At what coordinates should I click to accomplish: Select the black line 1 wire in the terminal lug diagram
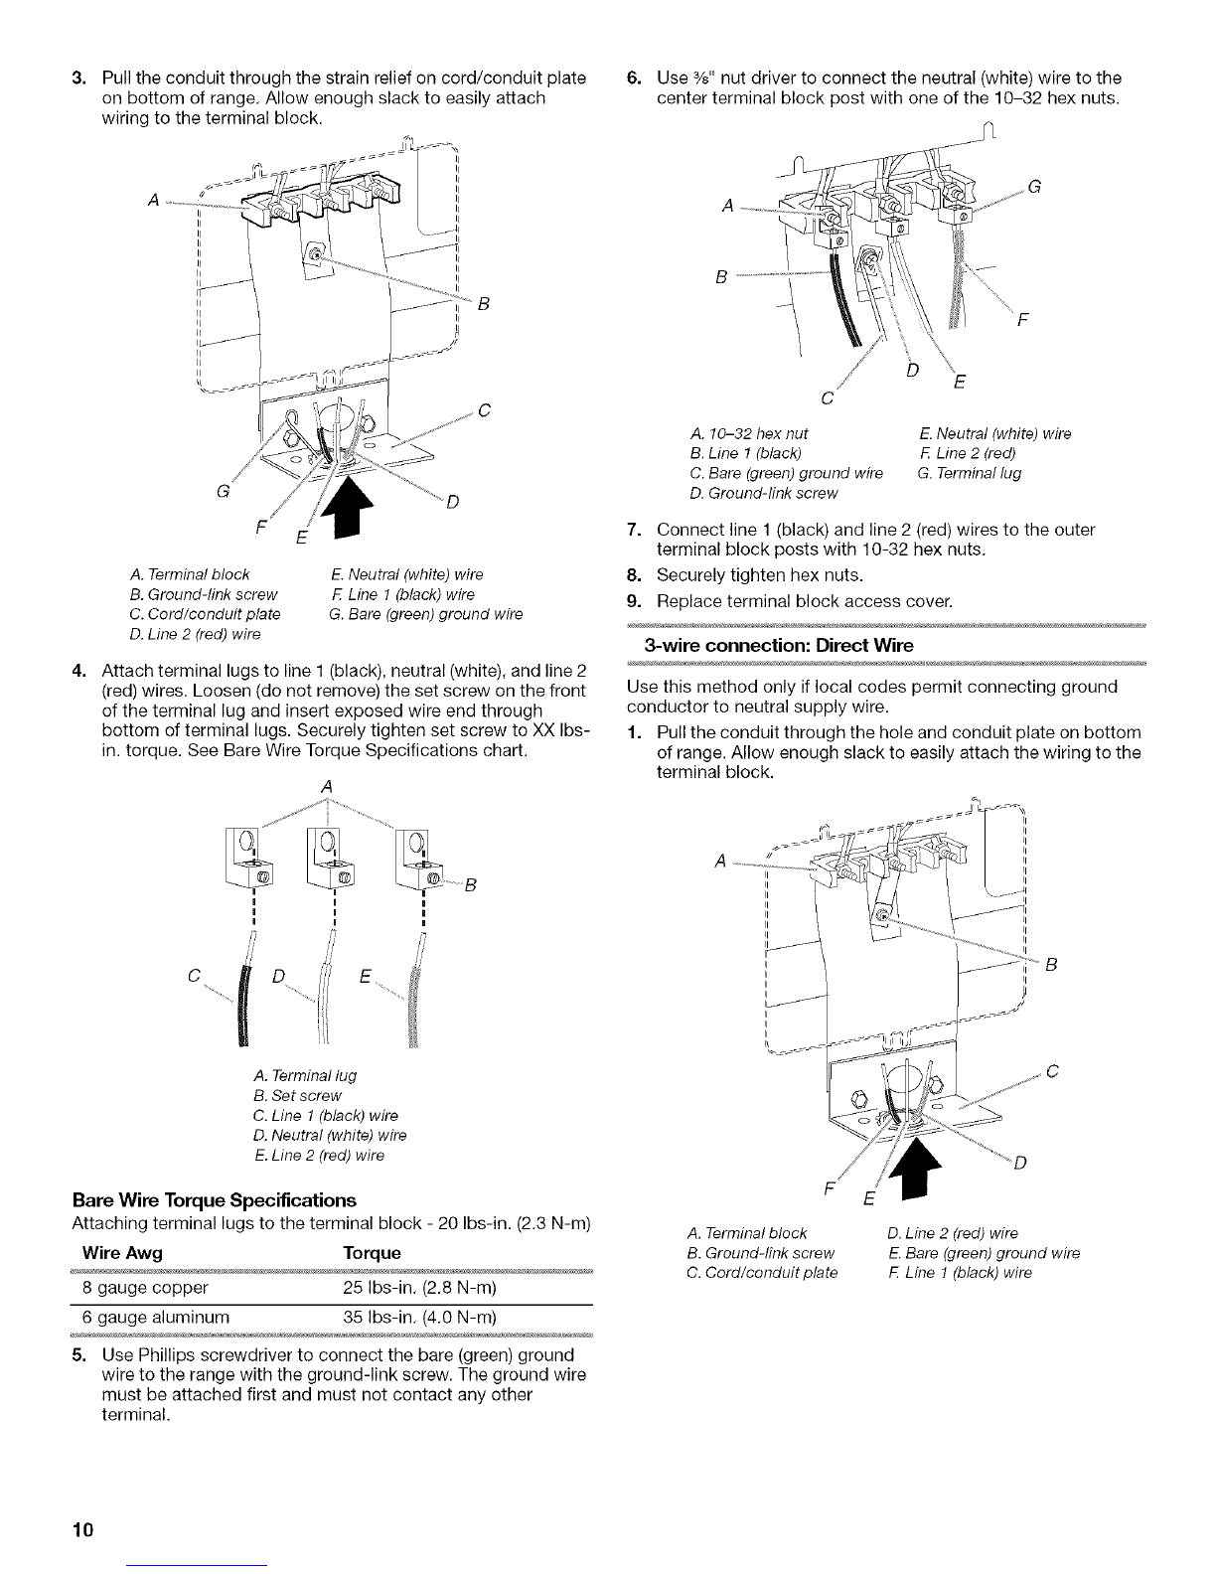pos(238,1014)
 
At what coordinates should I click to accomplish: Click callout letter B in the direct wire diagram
pos(1051,963)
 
